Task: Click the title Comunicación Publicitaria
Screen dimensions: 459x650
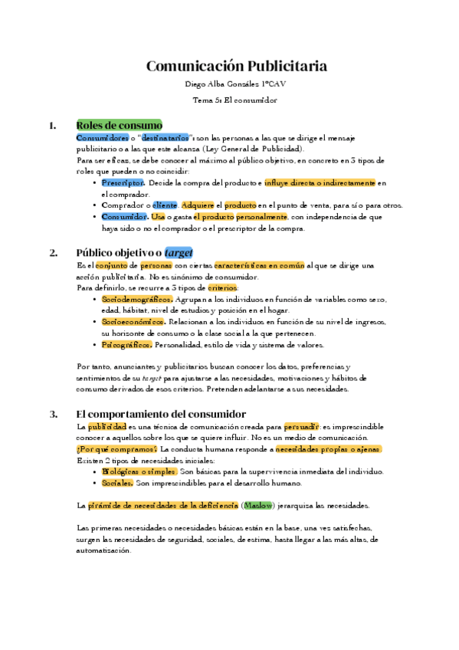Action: [236, 66]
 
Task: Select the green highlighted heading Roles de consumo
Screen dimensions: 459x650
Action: [119, 126]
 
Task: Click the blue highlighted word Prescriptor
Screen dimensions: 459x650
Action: [123, 183]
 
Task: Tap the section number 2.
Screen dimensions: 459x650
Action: [54, 252]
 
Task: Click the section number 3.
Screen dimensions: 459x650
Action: [54, 414]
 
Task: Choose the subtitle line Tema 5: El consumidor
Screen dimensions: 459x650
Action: [235, 100]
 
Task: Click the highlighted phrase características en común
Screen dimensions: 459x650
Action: [259, 265]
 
